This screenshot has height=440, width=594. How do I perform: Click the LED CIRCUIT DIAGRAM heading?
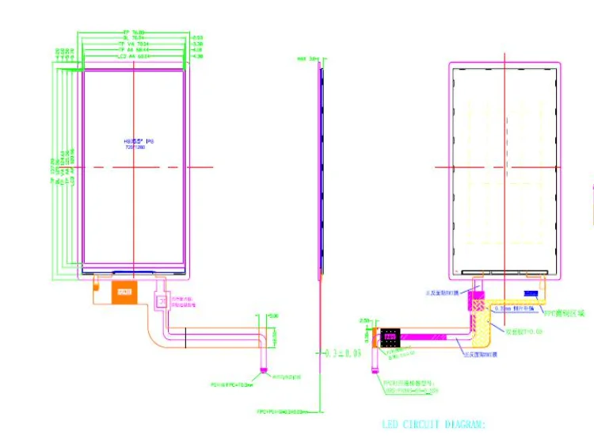point(432,424)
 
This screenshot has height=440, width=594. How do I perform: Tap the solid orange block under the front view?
point(124,291)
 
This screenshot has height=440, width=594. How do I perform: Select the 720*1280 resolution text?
point(125,147)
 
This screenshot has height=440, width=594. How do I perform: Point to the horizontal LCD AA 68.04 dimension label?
point(133,57)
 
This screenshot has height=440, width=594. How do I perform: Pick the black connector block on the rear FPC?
point(390,337)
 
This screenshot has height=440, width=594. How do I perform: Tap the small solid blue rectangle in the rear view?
point(531,294)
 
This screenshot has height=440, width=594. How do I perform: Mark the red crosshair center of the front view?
point(133,166)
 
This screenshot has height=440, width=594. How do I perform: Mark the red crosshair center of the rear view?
point(504,166)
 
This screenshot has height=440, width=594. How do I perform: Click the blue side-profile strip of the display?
point(322,166)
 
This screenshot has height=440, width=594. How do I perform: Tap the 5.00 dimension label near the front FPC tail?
point(274,316)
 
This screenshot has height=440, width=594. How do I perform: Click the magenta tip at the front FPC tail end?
point(263,369)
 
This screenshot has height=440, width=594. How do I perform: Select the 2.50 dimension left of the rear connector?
point(364,320)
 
